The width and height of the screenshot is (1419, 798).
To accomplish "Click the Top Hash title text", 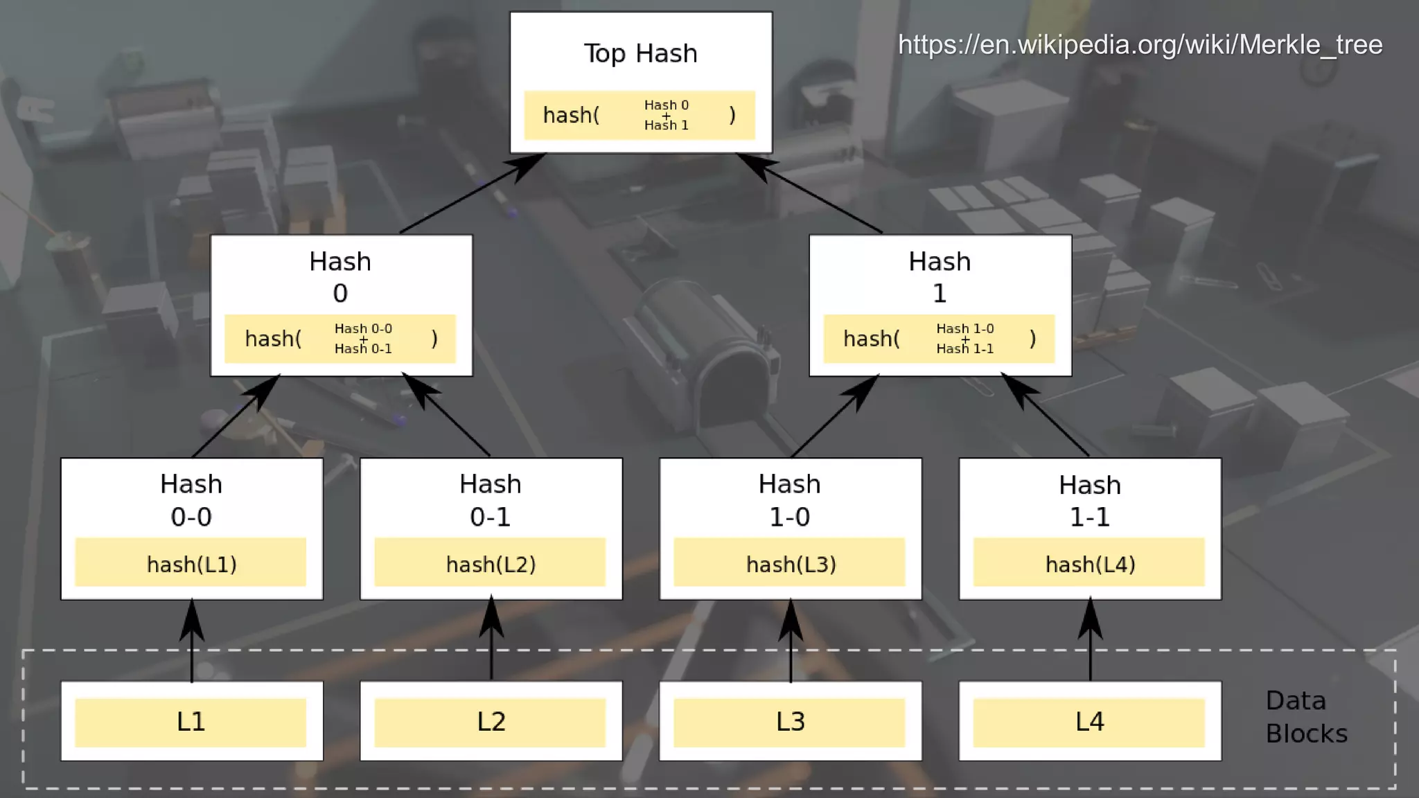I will (640, 53).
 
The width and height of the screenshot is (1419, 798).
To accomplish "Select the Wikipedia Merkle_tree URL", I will (1140, 45).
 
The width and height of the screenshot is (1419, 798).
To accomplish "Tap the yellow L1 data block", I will (191, 722).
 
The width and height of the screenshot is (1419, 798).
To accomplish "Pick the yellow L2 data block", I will (490, 722).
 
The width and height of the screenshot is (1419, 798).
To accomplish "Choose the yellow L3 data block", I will (789, 722).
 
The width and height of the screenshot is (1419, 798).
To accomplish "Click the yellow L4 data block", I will (1089, 722).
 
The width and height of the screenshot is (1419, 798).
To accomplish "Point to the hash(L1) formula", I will (191, 564).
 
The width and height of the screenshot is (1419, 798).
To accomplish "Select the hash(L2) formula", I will (491, 564).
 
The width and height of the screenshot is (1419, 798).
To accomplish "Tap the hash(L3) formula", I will (791, 564).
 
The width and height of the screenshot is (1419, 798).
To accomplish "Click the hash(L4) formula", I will (1090, 564).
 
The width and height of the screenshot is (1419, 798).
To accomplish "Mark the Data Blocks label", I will (1305, 717).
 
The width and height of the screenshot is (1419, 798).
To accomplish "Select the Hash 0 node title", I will (340, 277).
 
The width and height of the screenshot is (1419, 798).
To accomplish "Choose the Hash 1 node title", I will (940, 277).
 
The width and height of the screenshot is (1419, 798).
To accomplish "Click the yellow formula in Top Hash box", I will (639, 115).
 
